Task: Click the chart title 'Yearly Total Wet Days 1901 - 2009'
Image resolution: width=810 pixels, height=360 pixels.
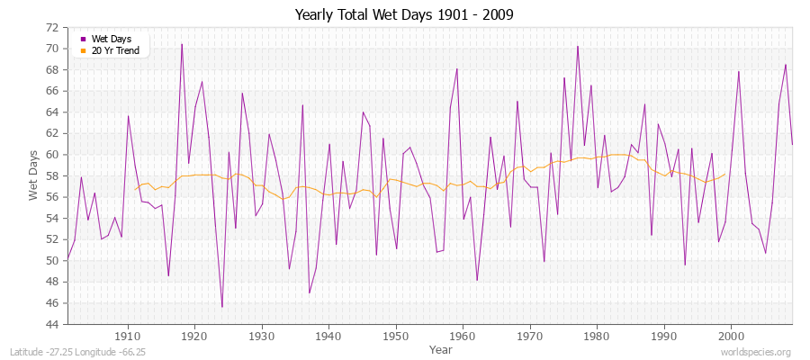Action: click(x=404, y=15)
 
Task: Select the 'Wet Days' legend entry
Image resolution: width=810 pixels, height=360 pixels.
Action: click(x=111, y=39)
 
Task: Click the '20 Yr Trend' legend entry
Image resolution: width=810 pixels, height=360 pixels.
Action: click(x=115, y=50)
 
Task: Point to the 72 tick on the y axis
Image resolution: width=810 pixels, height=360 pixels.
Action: click(x=52, y=27)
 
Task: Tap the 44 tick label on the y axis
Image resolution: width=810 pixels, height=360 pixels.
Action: click(x=52, y=324)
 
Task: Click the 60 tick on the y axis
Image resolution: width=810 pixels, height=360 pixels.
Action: click(x=52, y=154)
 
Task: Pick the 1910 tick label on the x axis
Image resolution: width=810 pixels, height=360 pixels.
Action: click(x=127, y=336)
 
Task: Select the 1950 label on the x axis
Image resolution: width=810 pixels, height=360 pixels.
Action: click(x=395, y=336)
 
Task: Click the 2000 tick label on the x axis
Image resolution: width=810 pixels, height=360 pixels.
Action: click(x=730, y=336)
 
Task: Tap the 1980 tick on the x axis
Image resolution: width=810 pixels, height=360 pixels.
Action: click(x=596, y=336)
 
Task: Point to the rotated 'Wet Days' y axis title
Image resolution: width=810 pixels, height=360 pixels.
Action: click(x=33, y=175)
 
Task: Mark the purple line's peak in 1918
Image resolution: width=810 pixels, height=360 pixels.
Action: click(x=182, y=44)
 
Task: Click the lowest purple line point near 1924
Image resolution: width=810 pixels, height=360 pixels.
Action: click(x=222, y=307)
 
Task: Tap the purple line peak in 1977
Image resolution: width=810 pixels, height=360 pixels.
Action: click(x=577, y=46)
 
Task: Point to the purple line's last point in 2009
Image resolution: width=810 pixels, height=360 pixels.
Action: click(x=792, y=145)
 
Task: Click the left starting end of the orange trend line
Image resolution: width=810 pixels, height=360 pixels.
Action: click(x=135, y=189)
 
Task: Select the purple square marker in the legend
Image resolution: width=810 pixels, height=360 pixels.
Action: click(x=83, y=39)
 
